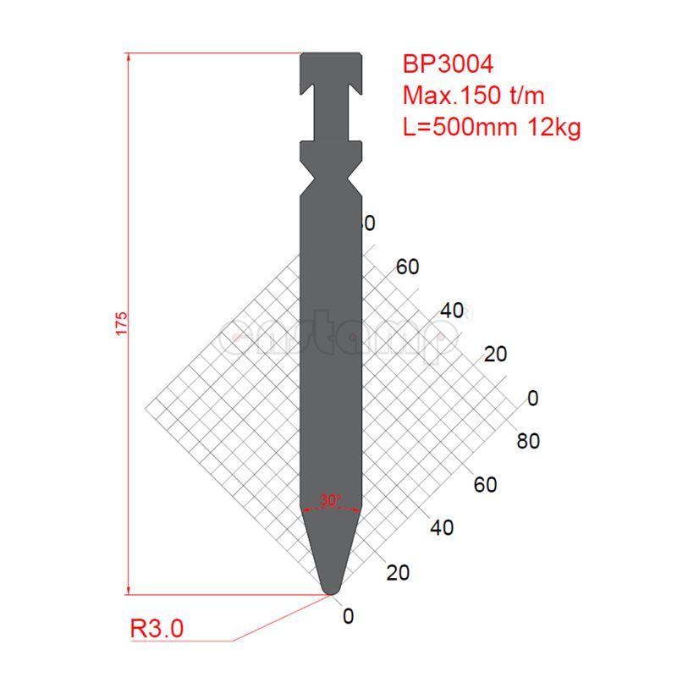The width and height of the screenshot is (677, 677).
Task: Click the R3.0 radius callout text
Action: pyautogui.click(x=157, y=629)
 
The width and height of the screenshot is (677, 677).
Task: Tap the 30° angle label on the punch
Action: pyautogui.click(x=331, y=500)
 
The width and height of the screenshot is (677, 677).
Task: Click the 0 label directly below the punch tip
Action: pyautogui.click(x=348, y=616)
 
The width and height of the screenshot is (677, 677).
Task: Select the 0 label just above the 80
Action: pyautogui.click(x=532, y=398)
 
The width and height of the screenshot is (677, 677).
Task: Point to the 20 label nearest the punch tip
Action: pyautogui.click(x=397, y=572)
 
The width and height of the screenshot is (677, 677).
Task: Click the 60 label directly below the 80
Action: pyautogui.click(x=486, y=485)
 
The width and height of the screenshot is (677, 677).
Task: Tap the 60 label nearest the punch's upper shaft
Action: pyautogui.click(x=407, y=267)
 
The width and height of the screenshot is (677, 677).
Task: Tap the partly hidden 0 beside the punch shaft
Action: pyautogui.click(x=369, y=223)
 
